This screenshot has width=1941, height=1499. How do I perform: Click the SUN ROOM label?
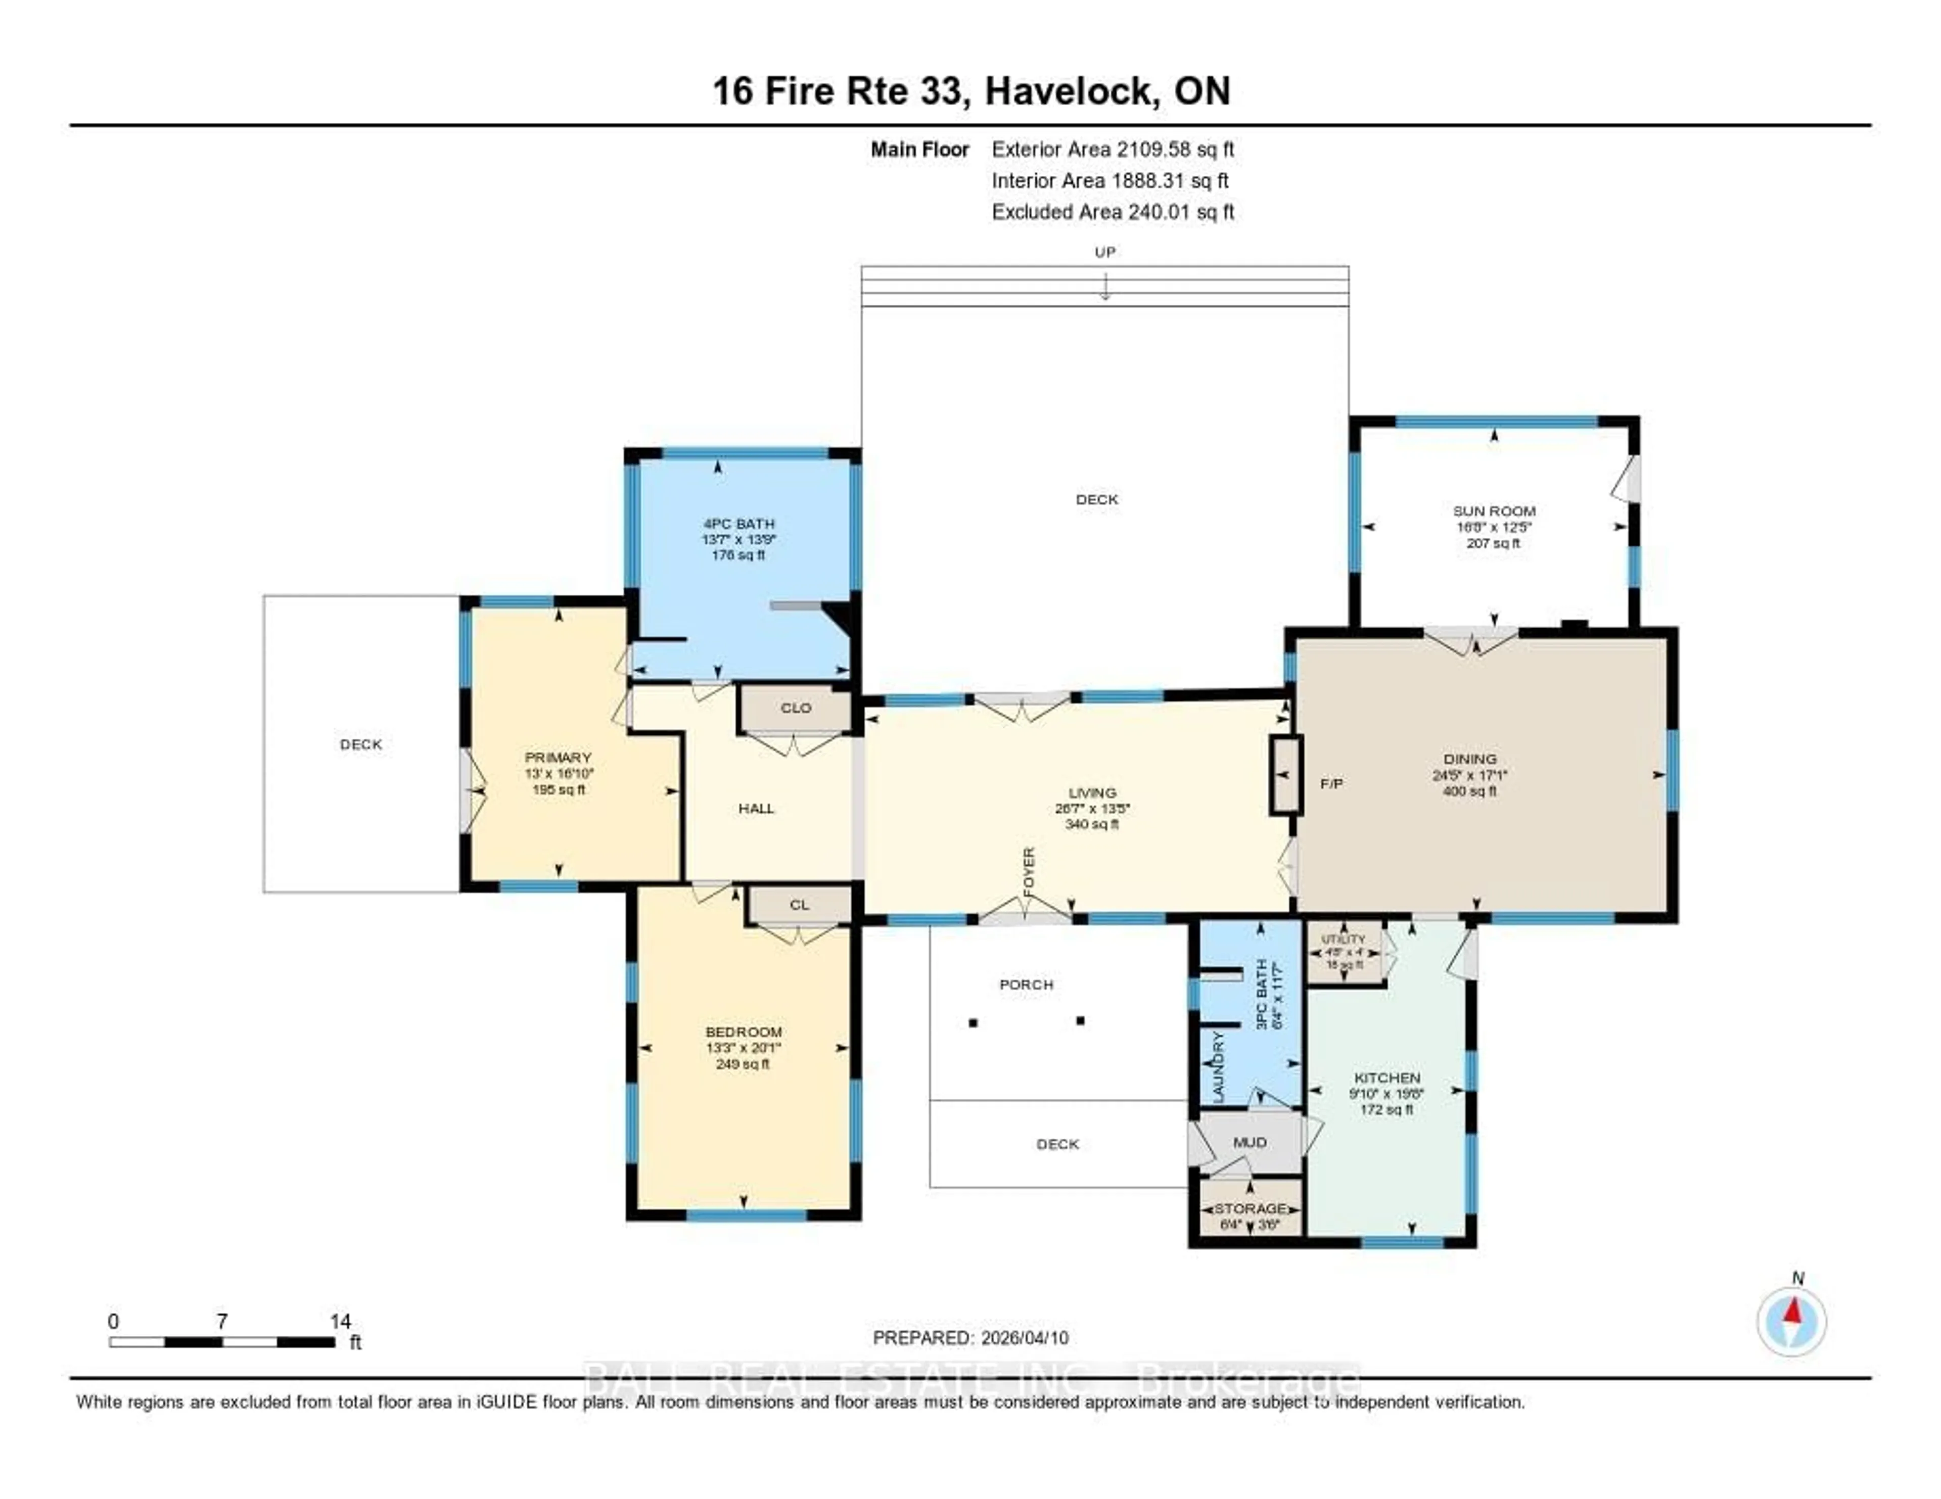coord(1494,511)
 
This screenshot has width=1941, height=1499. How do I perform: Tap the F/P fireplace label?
coord(1331,784)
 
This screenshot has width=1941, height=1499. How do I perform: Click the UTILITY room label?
coord(1343,939)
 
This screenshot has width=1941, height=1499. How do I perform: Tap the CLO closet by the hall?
coord(796,708)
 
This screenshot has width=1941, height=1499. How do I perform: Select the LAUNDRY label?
coord(1219,1066)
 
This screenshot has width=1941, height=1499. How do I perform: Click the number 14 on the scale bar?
coord(340,1321)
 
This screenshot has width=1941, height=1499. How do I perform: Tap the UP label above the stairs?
coord(1104,252)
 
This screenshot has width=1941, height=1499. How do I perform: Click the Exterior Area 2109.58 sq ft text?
coord(1113,149)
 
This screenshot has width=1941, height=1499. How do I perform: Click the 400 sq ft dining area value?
coord(1470,791)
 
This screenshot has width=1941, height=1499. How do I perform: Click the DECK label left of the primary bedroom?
coord(361,744)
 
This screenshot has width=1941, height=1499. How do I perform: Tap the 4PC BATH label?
coord(738,524)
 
